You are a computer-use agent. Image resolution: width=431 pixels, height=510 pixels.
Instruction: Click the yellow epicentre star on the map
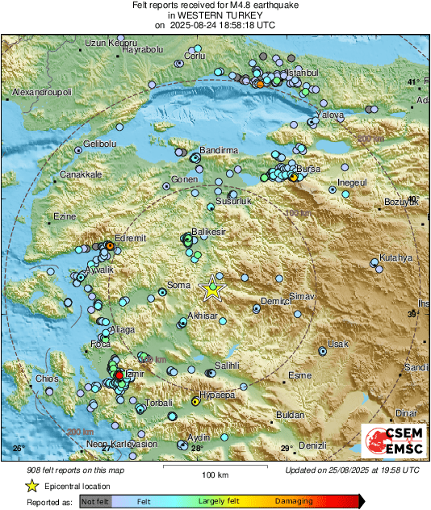click(x=212, y=286)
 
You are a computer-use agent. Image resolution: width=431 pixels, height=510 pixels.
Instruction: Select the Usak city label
click(x=337, y=345)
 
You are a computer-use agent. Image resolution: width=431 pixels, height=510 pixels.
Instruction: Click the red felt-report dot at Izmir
click(x=119, y=375)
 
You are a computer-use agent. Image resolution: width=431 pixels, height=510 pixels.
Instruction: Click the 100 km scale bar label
click(x=213, y=474)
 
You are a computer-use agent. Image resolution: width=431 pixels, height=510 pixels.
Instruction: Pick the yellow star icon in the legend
click(x=31, y=486)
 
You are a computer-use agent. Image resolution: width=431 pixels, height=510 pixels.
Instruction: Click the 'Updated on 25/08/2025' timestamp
click(x=352, y=470)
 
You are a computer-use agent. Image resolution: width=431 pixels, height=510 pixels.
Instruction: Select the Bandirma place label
click(x=219, y=151)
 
